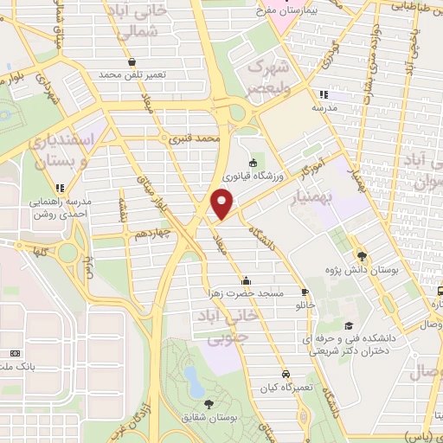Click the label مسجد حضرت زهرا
click(x=246, y=293)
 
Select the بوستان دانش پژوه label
click(x=363, y=271)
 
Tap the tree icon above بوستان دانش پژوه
click(x=363, y=256)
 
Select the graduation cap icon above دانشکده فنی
click(x=348, y=326)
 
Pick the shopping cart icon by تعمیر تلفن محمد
click(x=131, y=62)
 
